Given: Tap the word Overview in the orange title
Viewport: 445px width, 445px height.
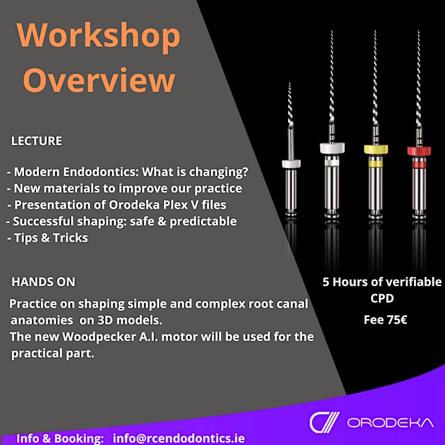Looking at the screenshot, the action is (x=99, y=80).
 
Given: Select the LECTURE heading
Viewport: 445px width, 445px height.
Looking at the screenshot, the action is (x=36, y=141).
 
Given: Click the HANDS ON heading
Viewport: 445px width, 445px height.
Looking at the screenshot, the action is (x=43, y=282).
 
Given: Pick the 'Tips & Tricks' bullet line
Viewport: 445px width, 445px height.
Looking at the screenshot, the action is (x=48, y=238).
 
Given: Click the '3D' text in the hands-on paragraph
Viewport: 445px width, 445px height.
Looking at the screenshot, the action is (x=105, y=320).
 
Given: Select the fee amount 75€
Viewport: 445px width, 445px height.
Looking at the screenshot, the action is (x=397, y=320).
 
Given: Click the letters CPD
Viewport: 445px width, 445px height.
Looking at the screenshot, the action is (x=382, y=299).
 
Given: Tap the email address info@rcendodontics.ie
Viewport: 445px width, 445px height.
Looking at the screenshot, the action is (x=179, y=438).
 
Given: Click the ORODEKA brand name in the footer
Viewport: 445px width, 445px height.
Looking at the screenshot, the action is (x=391, y=423).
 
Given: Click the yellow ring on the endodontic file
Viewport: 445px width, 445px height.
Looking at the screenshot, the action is (x=376, y=150).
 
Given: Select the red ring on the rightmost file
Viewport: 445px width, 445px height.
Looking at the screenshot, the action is (x=419, y=151).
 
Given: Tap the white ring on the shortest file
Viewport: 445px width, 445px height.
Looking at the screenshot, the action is (x=291, y=163).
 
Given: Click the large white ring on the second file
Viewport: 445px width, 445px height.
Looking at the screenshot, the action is (x=333, y=148).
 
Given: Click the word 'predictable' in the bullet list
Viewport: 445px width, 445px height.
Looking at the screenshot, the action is (x=203, y=222).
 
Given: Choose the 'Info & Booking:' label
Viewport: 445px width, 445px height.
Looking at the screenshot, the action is (x=60, y=438).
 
